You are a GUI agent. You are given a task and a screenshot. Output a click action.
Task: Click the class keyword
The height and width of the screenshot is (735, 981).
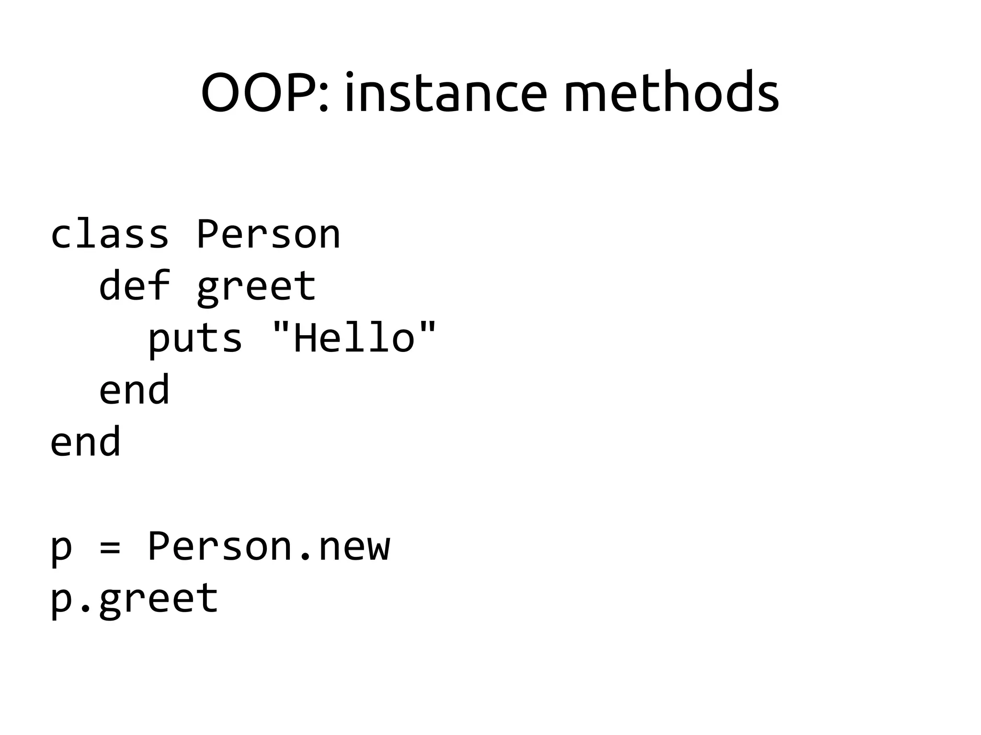(110, 234)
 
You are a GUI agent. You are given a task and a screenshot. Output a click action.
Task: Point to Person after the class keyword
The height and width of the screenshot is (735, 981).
(268, 234)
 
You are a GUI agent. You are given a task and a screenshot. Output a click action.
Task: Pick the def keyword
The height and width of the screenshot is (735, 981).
(134, 286)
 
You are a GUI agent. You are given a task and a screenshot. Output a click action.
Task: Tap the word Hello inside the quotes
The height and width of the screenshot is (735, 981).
(354, 338)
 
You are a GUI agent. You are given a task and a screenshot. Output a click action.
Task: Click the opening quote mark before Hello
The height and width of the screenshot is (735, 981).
(281, 328)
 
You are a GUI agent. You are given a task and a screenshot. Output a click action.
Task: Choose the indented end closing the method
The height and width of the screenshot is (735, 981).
(134, 390)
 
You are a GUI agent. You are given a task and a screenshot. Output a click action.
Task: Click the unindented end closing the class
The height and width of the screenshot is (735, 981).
(85, 442)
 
